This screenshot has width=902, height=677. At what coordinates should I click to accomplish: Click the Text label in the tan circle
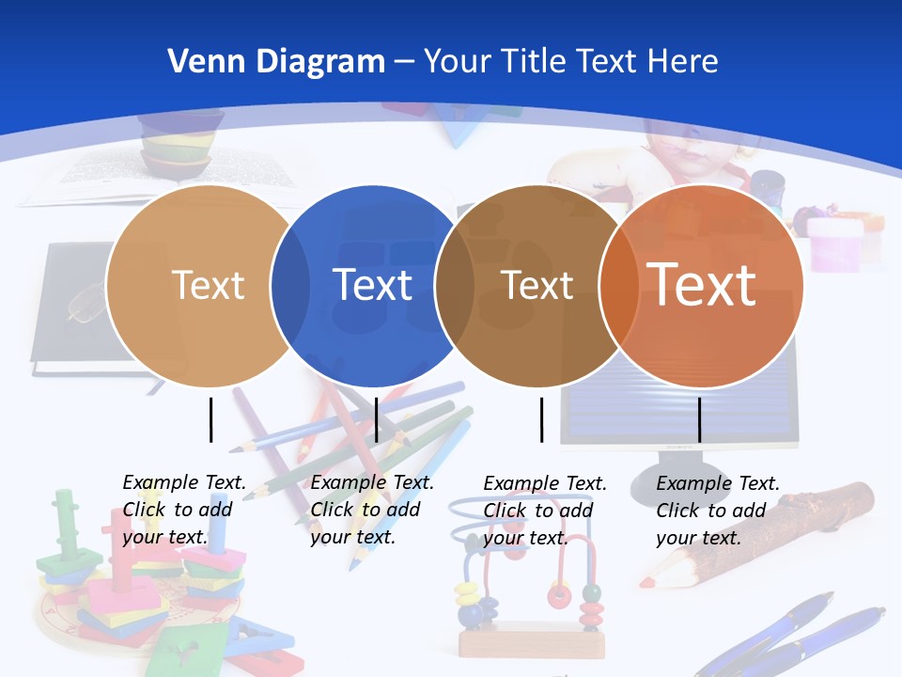point(208,285)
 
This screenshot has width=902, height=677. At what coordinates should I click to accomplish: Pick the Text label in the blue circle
point(373,285)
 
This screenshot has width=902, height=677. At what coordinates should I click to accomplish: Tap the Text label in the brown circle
point(537,285)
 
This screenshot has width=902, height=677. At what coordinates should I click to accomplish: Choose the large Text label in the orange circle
point(701,284)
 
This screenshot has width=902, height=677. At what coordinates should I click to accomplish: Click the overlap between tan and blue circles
point(290,286)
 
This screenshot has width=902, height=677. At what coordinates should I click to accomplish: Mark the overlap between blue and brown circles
point(455,286)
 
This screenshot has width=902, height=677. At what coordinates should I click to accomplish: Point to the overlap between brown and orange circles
point(618,286)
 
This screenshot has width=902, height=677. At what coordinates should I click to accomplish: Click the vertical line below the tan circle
point(211,419)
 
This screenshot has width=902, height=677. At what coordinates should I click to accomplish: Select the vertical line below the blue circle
point(376,419)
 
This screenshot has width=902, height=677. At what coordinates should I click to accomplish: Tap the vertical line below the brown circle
point(542,419)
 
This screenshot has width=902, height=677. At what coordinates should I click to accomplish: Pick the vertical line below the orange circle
point(700,419)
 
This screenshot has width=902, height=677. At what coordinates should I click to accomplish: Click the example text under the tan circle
point(183,510)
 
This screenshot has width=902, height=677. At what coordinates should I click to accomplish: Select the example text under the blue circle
point(371,510)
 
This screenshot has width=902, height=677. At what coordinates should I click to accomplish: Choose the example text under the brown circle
point(544,511)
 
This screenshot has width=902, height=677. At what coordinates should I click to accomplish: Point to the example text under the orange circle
point(717,511)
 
